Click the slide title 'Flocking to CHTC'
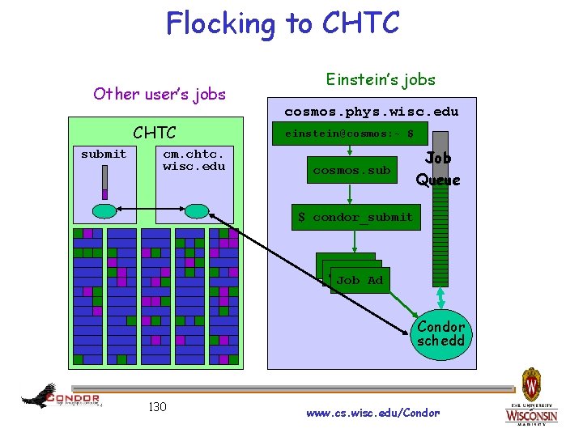[x=283, y=23]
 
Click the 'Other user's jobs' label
[x=160, y=93]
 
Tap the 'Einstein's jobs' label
[x=381, y=79]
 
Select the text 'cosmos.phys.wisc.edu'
[x=371, y=112]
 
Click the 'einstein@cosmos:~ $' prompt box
[x=349, y=134]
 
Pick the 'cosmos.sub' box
[x=351, y=170]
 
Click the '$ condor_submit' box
[x=355, y=217]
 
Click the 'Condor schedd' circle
[x=441, y=333]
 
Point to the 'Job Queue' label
[x=438, y=169]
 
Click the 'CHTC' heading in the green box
[x=154, y=132]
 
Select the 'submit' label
[x=104, y=154]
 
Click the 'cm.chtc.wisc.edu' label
[x=194, y=159]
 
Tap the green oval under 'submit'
[x=104, y=211]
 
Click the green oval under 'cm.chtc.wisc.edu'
[x=196, y=211]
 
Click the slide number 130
[x=157, y=406]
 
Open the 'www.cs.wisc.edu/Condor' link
[x=373, y=413]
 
